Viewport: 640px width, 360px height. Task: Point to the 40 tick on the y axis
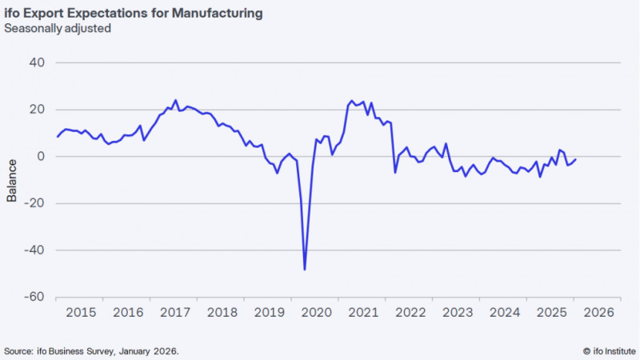(38, 62)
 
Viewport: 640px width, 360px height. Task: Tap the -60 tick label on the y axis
(34, 297)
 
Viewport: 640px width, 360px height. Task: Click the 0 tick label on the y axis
(41, 156)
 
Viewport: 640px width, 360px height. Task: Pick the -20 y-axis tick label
(34, 203)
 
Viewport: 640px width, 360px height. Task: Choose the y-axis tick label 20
(38, 110)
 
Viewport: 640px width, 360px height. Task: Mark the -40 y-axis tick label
(34, 250)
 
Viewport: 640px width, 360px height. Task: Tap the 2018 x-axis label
(222, 312)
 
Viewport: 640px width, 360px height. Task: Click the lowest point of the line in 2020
(305, 270)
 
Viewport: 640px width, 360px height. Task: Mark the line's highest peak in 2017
(175, 100)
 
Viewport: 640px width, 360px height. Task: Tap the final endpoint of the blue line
(576, 159)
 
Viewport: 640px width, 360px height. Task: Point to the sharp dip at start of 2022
(394, 172)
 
